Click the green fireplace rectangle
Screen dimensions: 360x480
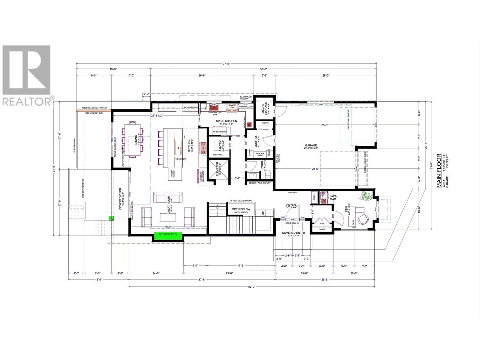coord(168,236)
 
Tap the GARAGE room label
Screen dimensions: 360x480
coord(311,145)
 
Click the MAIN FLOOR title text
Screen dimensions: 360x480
coord(439,171)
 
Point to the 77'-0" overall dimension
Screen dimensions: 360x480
coord(226,63)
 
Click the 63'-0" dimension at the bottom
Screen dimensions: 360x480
coord(251,286)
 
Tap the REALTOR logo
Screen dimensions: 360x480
coord(26,75)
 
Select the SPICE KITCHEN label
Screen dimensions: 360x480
coord(226,121)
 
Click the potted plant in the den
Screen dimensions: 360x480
coord(366,196)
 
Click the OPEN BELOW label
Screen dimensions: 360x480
coord(241,209)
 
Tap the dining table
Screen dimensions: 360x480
coord(133,139)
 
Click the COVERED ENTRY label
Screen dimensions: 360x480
coord(293,233)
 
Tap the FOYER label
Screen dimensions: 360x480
coord(291,205)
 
